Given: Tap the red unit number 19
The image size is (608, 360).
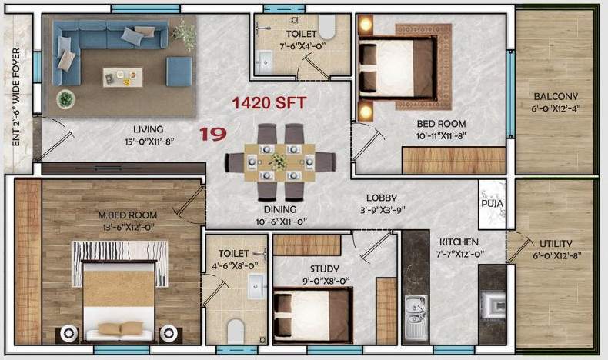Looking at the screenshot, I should [212, 134].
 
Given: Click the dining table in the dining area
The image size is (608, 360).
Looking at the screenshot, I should [279, 162].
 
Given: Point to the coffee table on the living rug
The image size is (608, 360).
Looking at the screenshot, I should [123, 76].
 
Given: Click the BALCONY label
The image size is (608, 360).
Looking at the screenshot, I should [556, 97].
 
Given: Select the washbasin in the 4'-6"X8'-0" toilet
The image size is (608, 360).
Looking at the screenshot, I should [256, 287].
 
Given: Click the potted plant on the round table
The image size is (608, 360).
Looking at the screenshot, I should [66, 98].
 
